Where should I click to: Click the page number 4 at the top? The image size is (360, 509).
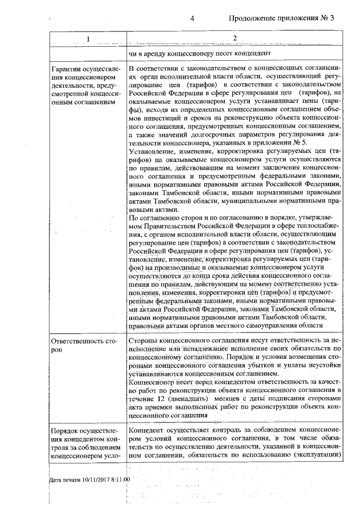click(x=192, y=18)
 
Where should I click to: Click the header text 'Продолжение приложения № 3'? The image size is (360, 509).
click(x=281, y=18)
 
